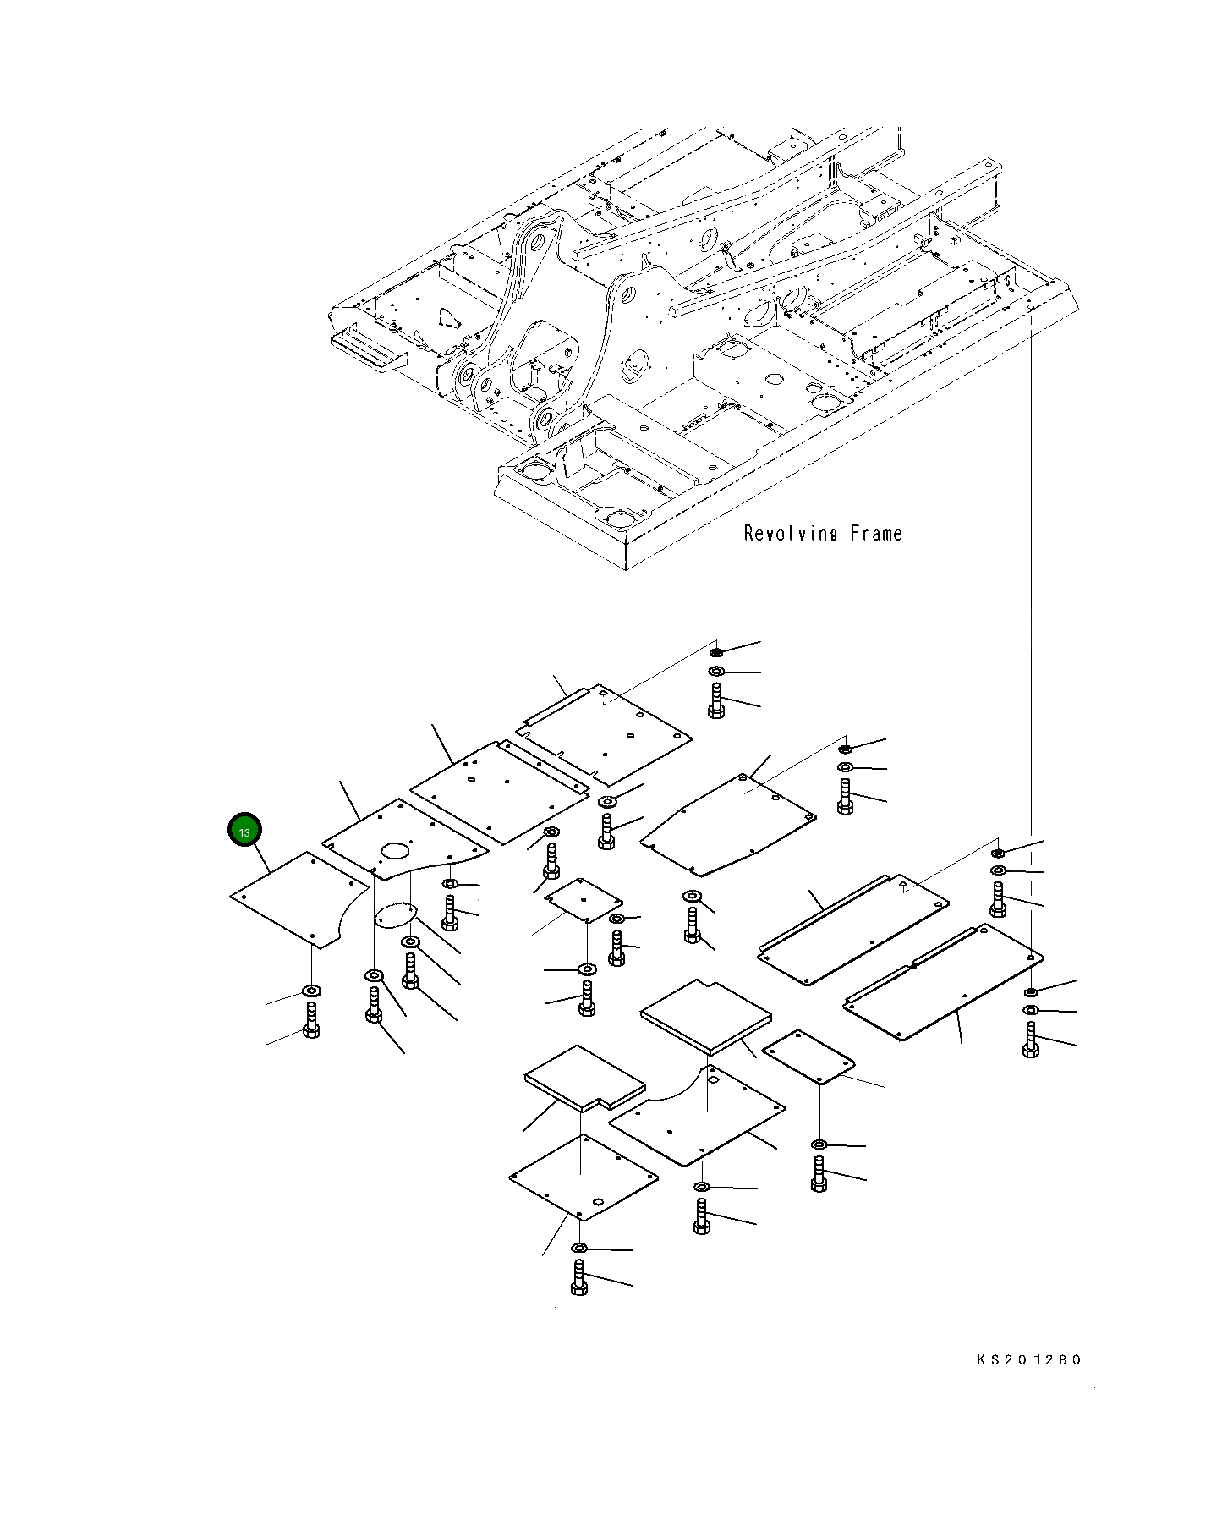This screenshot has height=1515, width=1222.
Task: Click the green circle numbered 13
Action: point(244,831)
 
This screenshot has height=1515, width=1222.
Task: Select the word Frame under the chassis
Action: point(876,534)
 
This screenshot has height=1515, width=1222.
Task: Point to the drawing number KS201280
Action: point(1028,1359)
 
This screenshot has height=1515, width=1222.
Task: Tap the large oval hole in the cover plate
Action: point(395,848)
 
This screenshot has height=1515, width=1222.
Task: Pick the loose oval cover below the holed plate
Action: point(396,915)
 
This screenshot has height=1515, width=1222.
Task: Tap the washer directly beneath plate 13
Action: point(311,991)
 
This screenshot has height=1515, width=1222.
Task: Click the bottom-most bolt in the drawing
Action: point(579,1277)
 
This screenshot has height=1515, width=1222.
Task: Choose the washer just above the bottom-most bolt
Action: point(579,1248)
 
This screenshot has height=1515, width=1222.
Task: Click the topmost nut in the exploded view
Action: point(716,652)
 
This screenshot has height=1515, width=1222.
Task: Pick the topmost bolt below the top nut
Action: point(716,701)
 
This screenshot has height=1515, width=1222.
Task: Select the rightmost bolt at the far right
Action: point(1030,1040)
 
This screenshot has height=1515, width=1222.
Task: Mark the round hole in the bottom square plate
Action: point(598,1201)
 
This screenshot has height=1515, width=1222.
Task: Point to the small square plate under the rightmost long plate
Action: point(808,1057)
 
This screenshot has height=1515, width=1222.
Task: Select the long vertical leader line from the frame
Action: point(1031,592)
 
